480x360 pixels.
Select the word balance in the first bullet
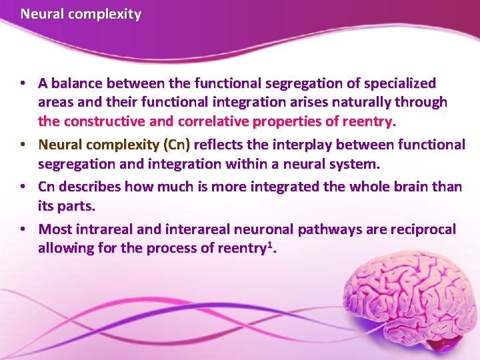[x=75, y=83]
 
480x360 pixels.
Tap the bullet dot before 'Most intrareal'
[x=23, y=229]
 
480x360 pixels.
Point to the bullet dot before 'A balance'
[x=23, y=83]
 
